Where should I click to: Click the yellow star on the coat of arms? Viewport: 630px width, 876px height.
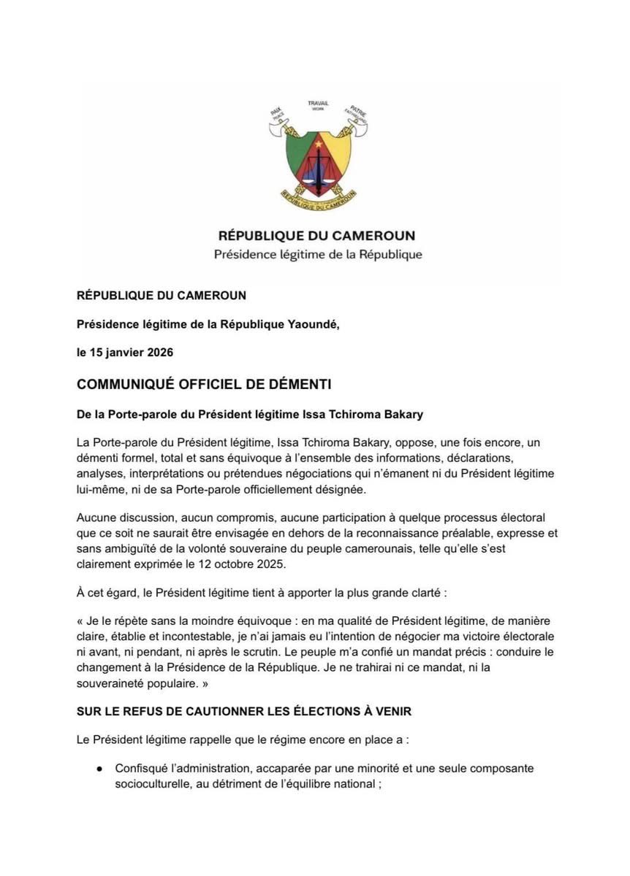pos(319,145)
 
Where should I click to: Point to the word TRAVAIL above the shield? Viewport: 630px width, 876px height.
pos(318,104)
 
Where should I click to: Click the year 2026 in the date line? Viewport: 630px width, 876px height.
pos(159,353)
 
